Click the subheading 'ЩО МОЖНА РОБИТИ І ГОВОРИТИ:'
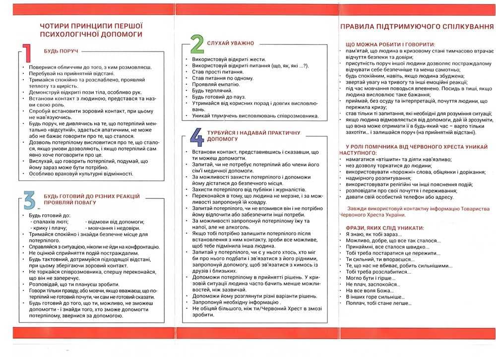point(390,44)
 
